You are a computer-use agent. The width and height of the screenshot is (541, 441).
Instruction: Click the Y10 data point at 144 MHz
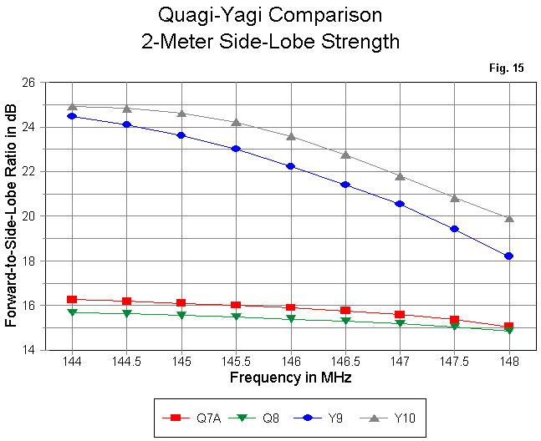72,106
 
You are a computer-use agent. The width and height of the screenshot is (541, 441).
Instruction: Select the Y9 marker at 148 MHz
508,256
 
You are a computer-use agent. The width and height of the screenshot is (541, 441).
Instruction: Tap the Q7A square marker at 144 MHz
72,299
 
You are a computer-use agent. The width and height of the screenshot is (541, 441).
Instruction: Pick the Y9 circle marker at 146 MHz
290,166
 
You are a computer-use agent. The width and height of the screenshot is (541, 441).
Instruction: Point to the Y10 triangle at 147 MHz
400,176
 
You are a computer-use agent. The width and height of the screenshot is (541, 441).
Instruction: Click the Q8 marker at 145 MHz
181,315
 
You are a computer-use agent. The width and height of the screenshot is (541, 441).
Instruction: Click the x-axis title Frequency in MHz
290,378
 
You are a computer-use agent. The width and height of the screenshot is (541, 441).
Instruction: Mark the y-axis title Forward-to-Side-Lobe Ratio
11,216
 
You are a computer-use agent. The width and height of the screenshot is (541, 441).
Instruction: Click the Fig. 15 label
507,68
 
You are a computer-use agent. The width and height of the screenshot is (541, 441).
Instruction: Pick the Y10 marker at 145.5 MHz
236,122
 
